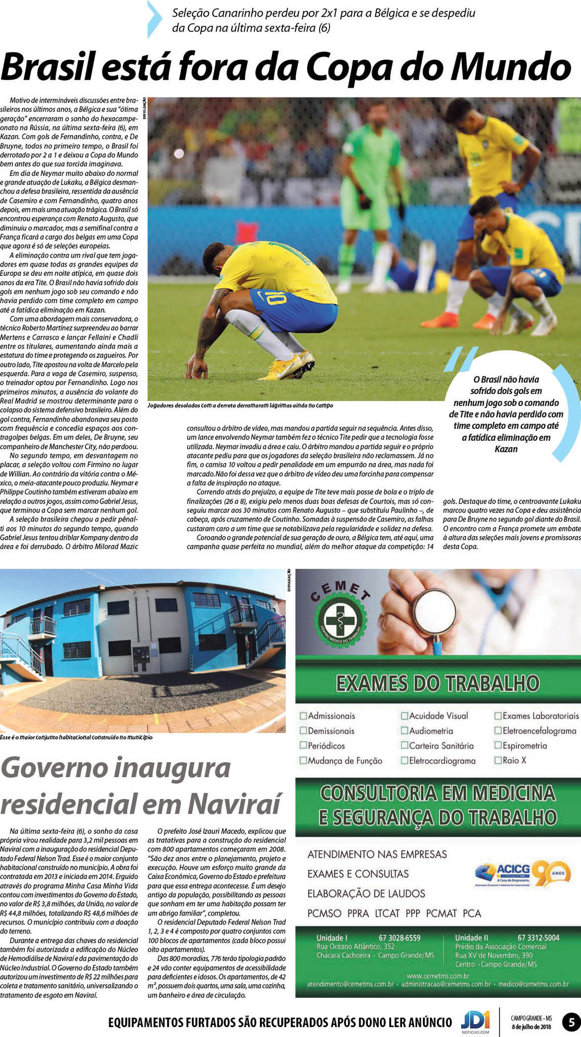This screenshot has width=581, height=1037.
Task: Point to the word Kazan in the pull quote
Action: click(506, 449)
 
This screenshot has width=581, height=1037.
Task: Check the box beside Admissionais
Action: click(303, 716)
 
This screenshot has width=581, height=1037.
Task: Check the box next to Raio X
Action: click(498, 761)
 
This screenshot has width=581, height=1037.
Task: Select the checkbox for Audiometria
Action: click(405, 731)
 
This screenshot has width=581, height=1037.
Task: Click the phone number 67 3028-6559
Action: click(399, 938)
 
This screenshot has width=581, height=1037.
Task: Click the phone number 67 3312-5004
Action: click(538, 937)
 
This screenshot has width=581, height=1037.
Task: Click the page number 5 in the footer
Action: click(571, 1022)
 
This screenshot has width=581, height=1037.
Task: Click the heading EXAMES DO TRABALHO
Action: click(437, 683)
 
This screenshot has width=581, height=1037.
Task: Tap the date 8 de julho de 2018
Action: click(532, 1027)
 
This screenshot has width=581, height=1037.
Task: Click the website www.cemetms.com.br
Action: click(438, 976)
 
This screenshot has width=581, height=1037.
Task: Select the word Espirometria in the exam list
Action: click(524, 746)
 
